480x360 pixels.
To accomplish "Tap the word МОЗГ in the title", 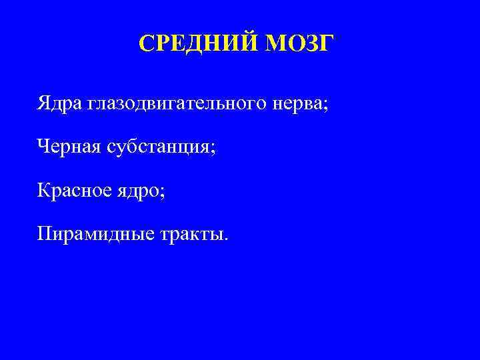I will click(x=297, y=43).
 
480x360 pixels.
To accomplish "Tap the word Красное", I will click(x=75, y=192).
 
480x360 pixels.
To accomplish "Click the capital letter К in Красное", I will click(x=44, y=191).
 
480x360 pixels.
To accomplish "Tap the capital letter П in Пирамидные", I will click(x=45, y=235).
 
